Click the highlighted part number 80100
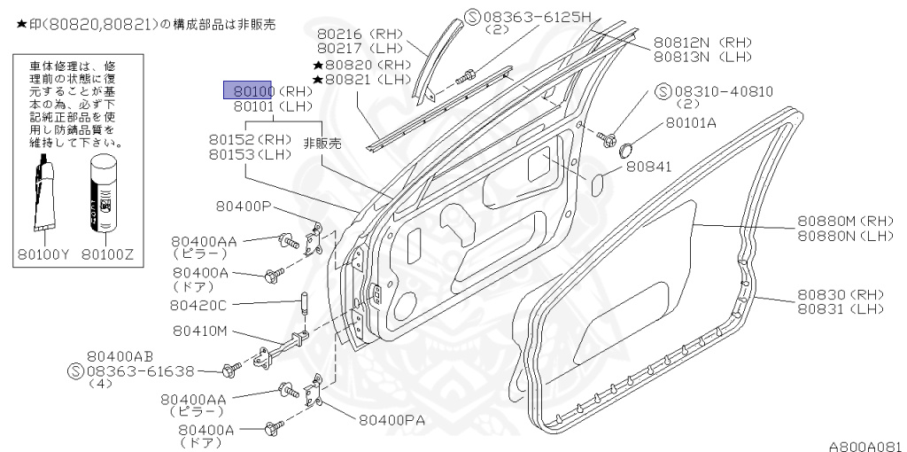click(x=251, y=90)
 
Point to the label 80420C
click(x=198, y=306)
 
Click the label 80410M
click(x=198, y=331)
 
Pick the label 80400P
click(x=244, y=207)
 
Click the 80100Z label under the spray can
click(x=107, y=254)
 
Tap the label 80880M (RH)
click(x=841, y=222)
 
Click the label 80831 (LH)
click(x=841, y=308)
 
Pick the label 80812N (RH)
click(x=702, y=42)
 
